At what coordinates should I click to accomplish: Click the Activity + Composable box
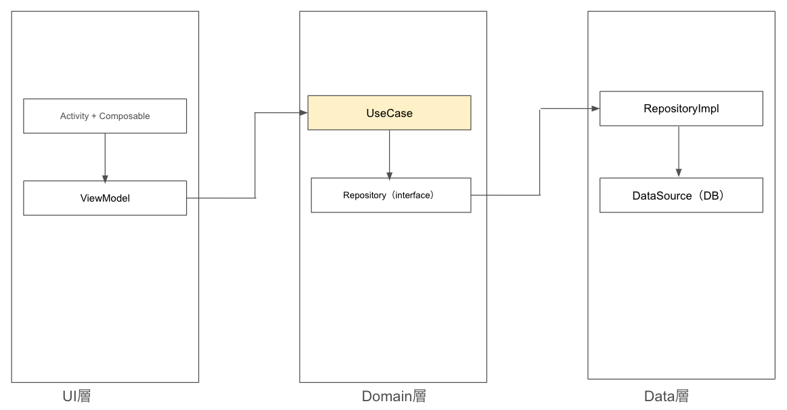[105, 116]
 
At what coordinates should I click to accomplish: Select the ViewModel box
[105, 198]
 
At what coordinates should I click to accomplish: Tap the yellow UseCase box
[389, 113]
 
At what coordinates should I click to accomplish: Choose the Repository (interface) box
[390, 195]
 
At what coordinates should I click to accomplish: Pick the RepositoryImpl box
[681, 108]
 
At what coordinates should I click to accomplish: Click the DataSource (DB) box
[681, 196]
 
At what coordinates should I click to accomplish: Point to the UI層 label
[76, 396]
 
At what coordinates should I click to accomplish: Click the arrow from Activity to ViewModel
[105, 156]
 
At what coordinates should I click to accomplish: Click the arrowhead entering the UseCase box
[303, 112]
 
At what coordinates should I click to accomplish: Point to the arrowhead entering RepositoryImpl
[595, 108]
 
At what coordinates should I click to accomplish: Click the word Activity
[74, 116]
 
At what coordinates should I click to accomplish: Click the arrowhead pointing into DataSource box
[679, 173]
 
